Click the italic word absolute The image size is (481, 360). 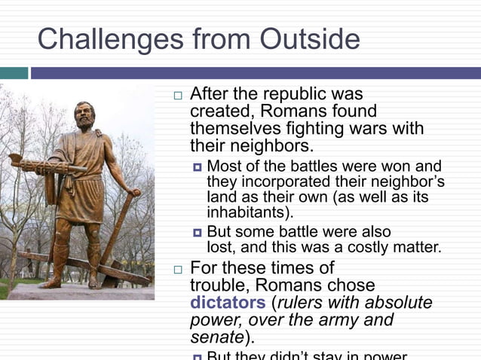click(399, 303)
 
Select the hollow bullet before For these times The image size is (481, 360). click(177, 269)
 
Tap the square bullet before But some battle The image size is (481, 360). click(198, 232)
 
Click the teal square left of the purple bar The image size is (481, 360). click(14, 73)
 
